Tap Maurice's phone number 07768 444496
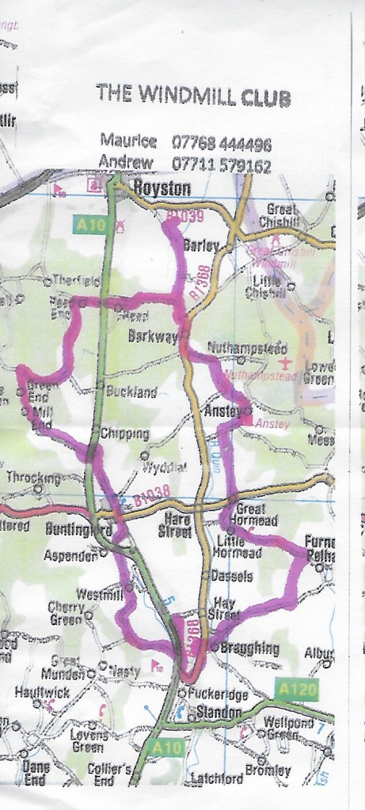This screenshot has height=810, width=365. (222, 144)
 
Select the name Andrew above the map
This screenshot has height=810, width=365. (123, 165)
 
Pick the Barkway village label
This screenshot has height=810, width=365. (152, 336)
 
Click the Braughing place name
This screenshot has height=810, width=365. (249, 649)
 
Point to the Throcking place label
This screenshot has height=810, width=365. (32, 477)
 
